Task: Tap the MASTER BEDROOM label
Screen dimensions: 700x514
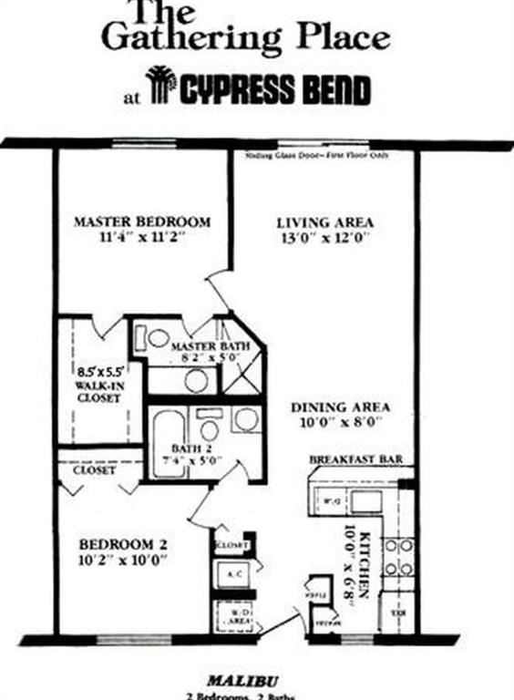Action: click(x=142, y=221)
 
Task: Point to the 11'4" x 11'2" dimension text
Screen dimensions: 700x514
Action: click(x=143, y=238)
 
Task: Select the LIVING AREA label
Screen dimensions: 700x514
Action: click(x=312, y=221)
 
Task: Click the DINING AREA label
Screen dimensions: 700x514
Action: click(x=341, y=407)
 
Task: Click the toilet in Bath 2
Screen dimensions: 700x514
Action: click(x=210, y=429)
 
